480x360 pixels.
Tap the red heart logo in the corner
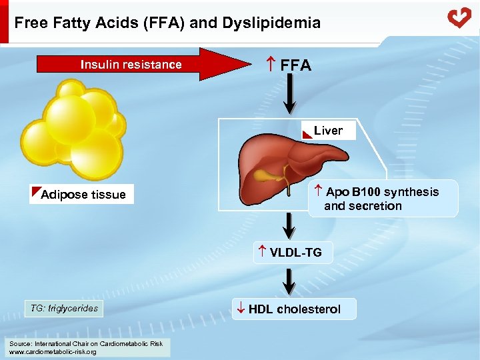(x=459, y=17)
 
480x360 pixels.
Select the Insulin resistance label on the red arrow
(x=131, y=65)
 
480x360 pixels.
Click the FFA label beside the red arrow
(x=290, y=65)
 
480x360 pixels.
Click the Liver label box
(x=328, y=131)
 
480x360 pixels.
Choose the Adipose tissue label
(x=83, y=195)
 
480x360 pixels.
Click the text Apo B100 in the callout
(x=353, y=192)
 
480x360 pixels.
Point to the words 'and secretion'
(x=363, y=206)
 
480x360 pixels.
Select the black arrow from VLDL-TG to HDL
(x=290, y=279)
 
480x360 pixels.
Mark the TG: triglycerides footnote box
(x=64, y=308)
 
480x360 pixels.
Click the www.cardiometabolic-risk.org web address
(x=52, y=351)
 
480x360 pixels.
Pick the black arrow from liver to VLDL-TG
(x=290, y=227)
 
